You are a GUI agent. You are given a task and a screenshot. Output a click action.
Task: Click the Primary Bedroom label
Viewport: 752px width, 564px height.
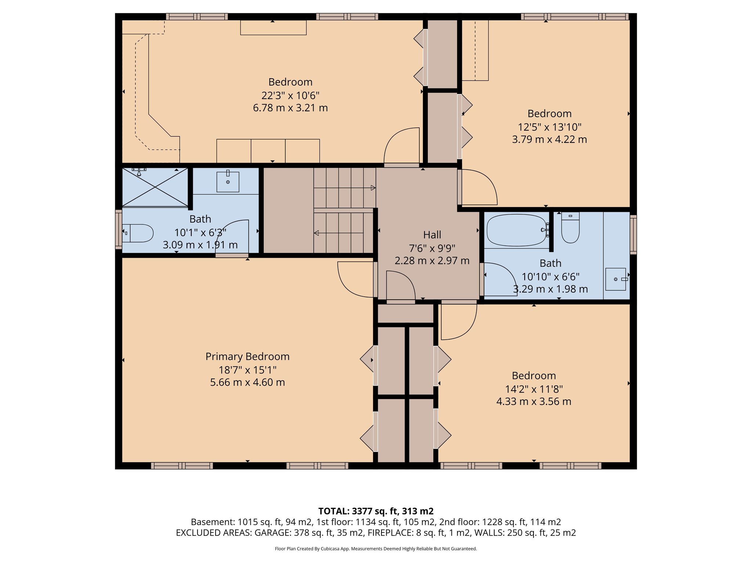click(247, 357)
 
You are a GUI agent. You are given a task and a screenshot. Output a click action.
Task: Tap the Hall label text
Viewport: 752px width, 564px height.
click(432, 235)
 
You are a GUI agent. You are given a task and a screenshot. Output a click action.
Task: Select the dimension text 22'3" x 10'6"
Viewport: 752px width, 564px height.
click(290, 95)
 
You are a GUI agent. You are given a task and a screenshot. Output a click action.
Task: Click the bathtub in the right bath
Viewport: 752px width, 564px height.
click(516, 230)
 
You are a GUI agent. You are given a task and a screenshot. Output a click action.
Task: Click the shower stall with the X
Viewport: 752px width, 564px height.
click(155, 187)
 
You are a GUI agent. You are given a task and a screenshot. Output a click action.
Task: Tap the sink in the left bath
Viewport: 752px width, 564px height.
click(228, 181)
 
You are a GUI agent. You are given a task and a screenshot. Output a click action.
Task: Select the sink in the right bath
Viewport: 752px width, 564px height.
click(615, 279)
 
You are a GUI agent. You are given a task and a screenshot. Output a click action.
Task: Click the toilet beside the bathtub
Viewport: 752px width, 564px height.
click(570, 229)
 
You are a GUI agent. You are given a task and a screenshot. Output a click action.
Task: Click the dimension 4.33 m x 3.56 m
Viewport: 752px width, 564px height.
click(534, 401)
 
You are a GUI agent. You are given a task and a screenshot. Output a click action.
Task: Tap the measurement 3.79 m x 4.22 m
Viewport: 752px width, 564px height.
click(549, 140)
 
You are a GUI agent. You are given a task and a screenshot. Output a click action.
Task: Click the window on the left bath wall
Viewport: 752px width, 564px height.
click(118, 229)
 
